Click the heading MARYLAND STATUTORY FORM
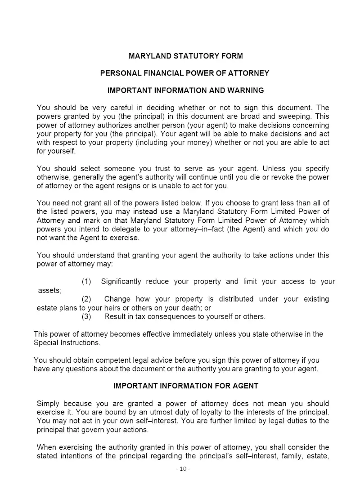coord(185,56)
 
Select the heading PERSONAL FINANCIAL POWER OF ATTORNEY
coord(184,73)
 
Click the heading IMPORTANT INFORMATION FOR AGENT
coord(186,386)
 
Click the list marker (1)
coord(86,282)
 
